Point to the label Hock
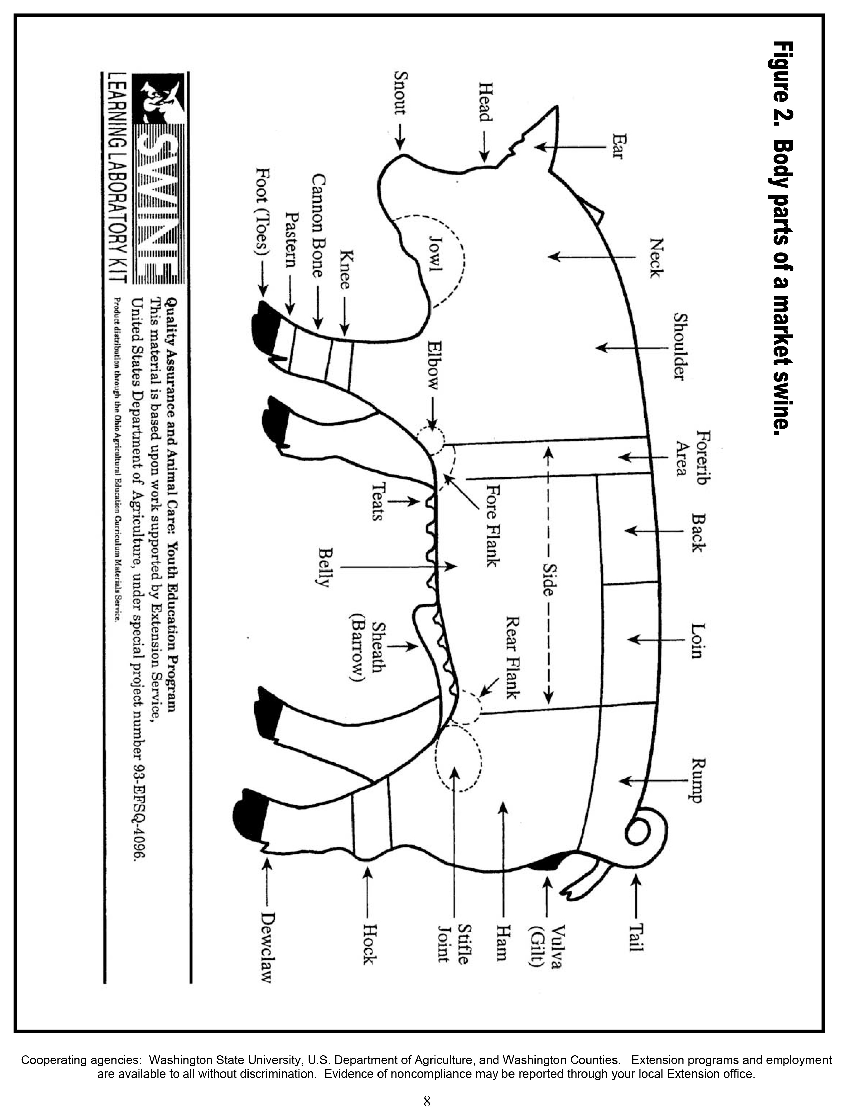tap(369, 944)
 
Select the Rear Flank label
tap(512, 658)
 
